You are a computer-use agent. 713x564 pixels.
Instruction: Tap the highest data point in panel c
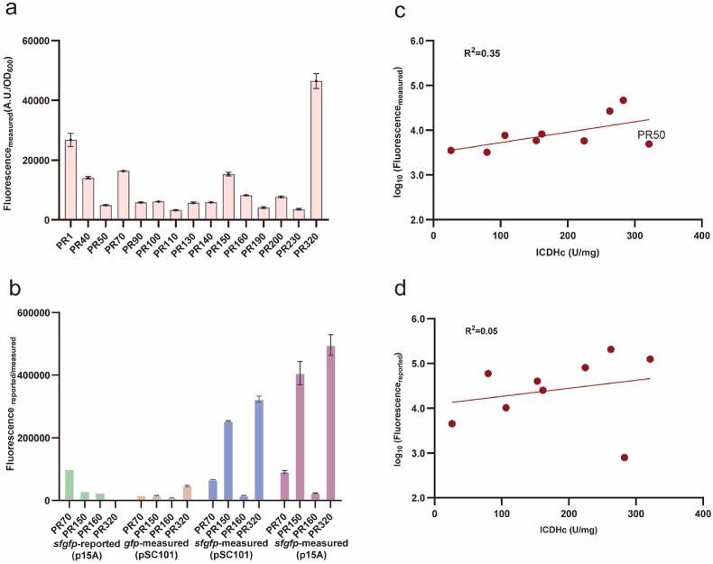[623, 100]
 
